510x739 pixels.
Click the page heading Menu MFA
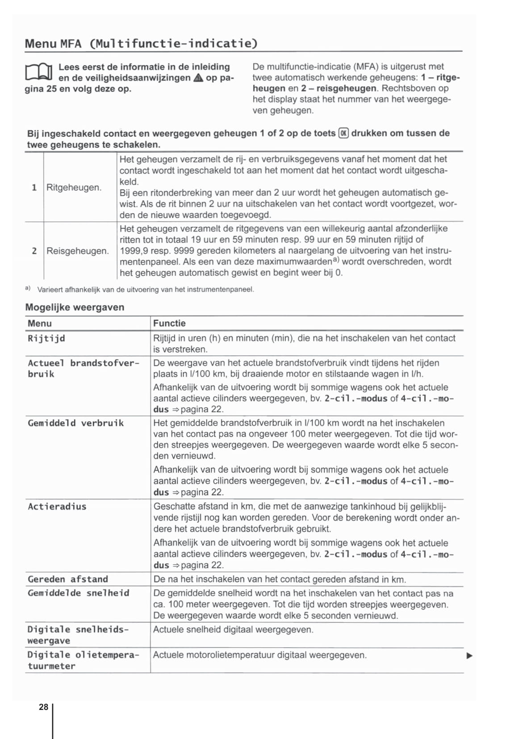tap(141, 44)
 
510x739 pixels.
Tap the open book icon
tap(39, 72)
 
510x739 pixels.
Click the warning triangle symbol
tap(198, 78)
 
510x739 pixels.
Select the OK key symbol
tap(343, 133)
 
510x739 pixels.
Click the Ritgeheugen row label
tap(74, 187)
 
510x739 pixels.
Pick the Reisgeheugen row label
tap(77, 251)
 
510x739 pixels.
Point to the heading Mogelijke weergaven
tap(75, 307)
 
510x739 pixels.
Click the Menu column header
tap(40, 323)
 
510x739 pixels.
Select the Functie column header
tap(169, 323)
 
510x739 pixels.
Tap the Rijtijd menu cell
tap(46, 338)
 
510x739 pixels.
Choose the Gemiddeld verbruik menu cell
tap(75, 423)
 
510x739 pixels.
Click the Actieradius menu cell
tap(57, 507)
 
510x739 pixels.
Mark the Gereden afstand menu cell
tap(68, 579)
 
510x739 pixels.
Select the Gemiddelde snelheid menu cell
tap(78, 593)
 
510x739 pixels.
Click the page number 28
tap(43, 707)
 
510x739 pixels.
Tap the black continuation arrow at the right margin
tap(469, 656)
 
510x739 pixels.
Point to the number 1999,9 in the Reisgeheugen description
tap(133, 251)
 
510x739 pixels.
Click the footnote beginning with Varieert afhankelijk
tap(145, 290)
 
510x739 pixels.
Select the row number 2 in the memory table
tap(34, 251)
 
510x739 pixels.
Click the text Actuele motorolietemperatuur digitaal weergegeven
tap(259, 655)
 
